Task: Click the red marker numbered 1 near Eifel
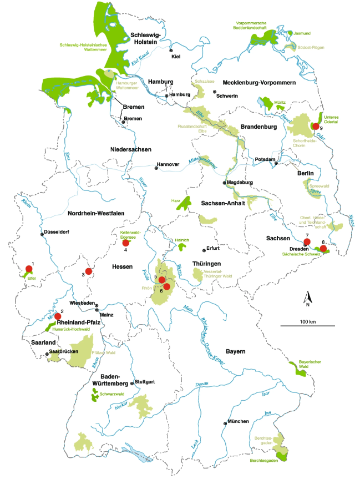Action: (28, 270)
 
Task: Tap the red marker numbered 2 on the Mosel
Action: (58, 316)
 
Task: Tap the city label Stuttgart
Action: (146, 382)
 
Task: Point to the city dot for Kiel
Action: (171, 50)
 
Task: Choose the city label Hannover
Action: (169, 165)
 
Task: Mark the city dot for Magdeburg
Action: (225, 182)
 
